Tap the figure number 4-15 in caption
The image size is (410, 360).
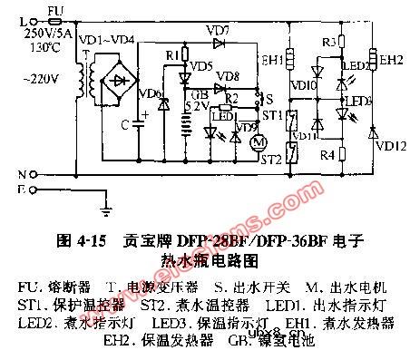[83, 242]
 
